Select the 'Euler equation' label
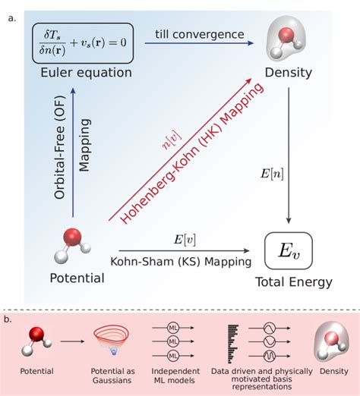click(x=78, y=72)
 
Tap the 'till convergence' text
click(x=200, y=34)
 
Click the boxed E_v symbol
click(x=289, y=248)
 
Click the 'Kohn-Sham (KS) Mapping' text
click(x=184, y=262)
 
